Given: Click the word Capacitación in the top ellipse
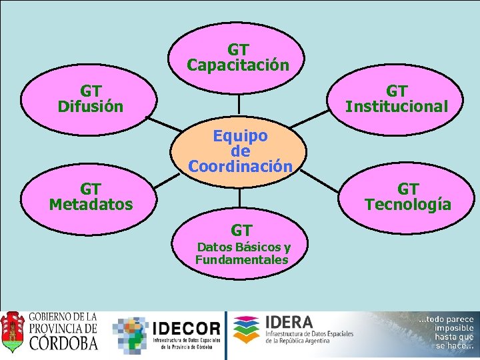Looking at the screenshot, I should click(238, 65).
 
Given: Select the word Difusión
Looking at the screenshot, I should click(91, 106).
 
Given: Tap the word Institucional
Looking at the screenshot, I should click(396, 106).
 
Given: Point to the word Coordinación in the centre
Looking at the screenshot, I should click(240, 166).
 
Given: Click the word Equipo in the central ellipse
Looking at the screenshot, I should click(240, 136).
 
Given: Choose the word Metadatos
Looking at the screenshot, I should click(91, 204).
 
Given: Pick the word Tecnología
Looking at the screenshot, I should click(407, 204).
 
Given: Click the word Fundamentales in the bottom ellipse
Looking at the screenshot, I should click(241, 260).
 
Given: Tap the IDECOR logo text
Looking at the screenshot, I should click(186, 329).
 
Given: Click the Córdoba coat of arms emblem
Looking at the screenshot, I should click(13, 333).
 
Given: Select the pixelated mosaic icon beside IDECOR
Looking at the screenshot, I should click(131, 334).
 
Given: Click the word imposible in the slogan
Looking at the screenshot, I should click(453, 328).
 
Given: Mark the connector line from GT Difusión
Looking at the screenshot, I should click(163, 125).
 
